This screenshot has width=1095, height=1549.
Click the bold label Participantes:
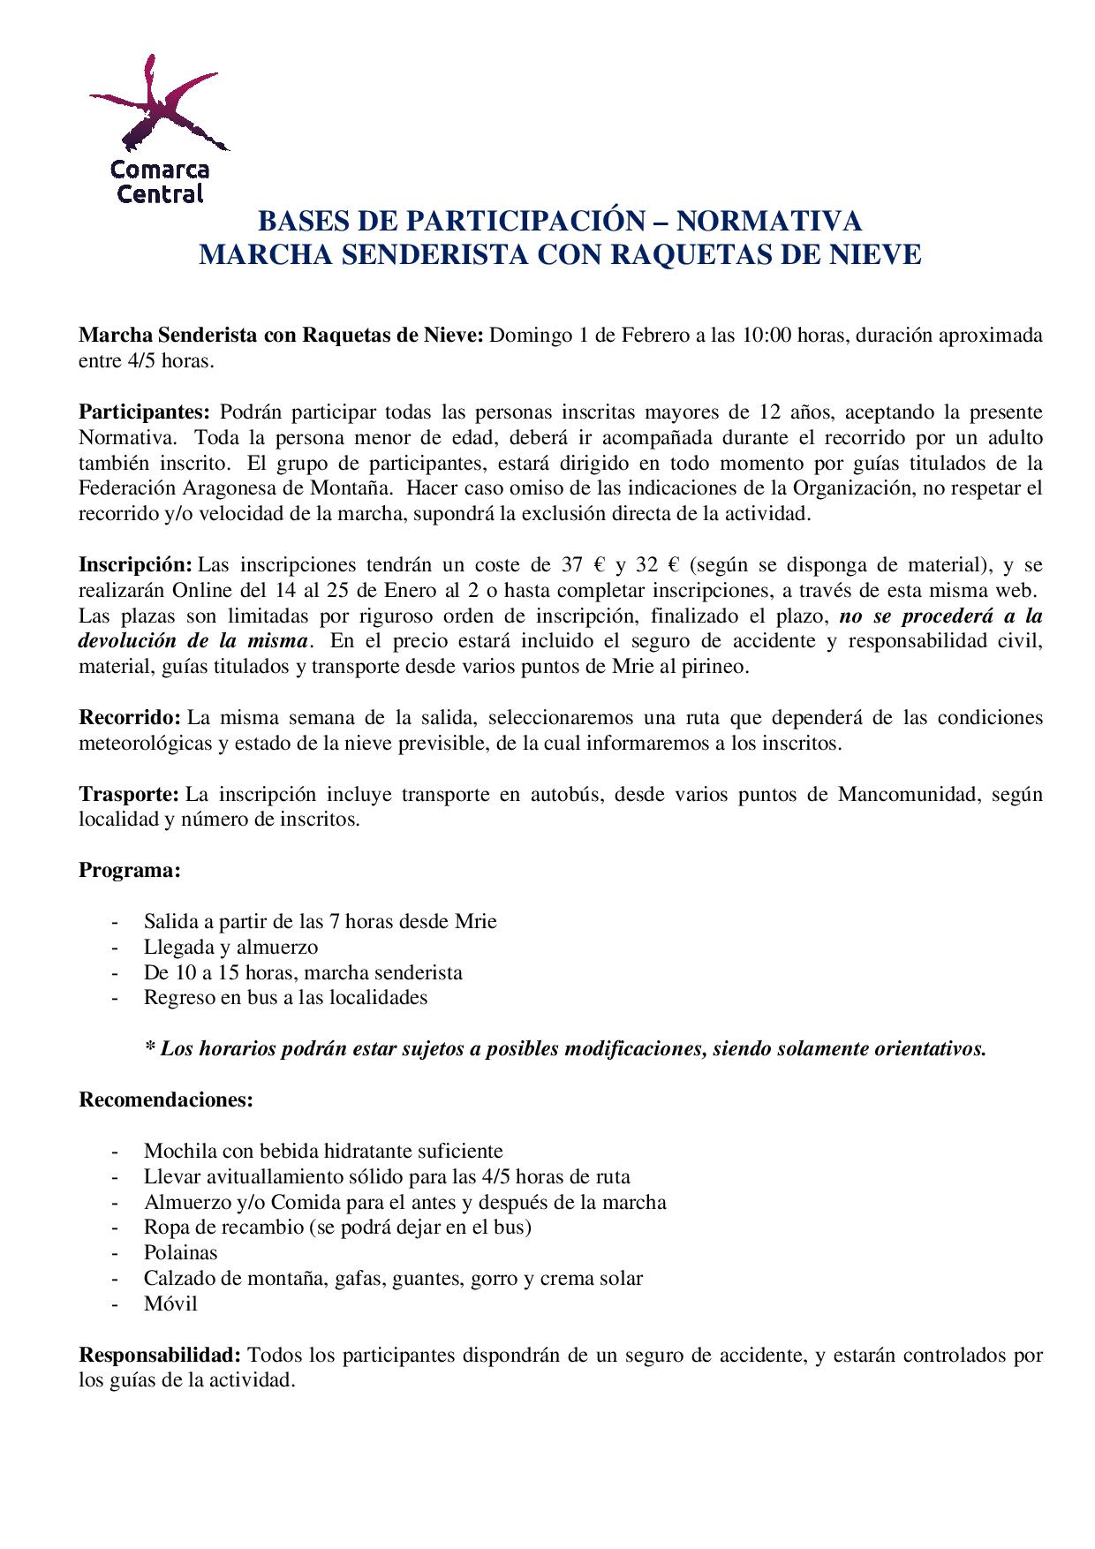click(145, 412)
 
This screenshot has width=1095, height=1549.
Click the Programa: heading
click(130, 871)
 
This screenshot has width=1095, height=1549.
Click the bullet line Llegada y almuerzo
click(230, 948)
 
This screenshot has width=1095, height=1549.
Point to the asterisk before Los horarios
click(149, 1048)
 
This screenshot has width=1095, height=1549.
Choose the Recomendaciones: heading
click(166, 1100)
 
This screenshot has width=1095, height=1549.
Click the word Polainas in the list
click(180, 1253)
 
